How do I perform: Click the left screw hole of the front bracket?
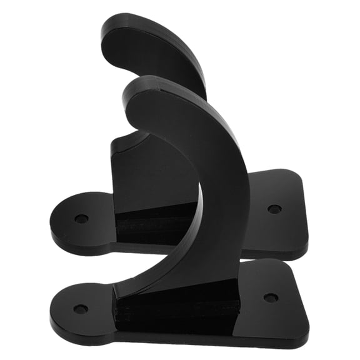81,309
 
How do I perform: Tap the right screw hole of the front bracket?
271,298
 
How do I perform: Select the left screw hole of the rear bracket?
81,219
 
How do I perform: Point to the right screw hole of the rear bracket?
274,209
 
